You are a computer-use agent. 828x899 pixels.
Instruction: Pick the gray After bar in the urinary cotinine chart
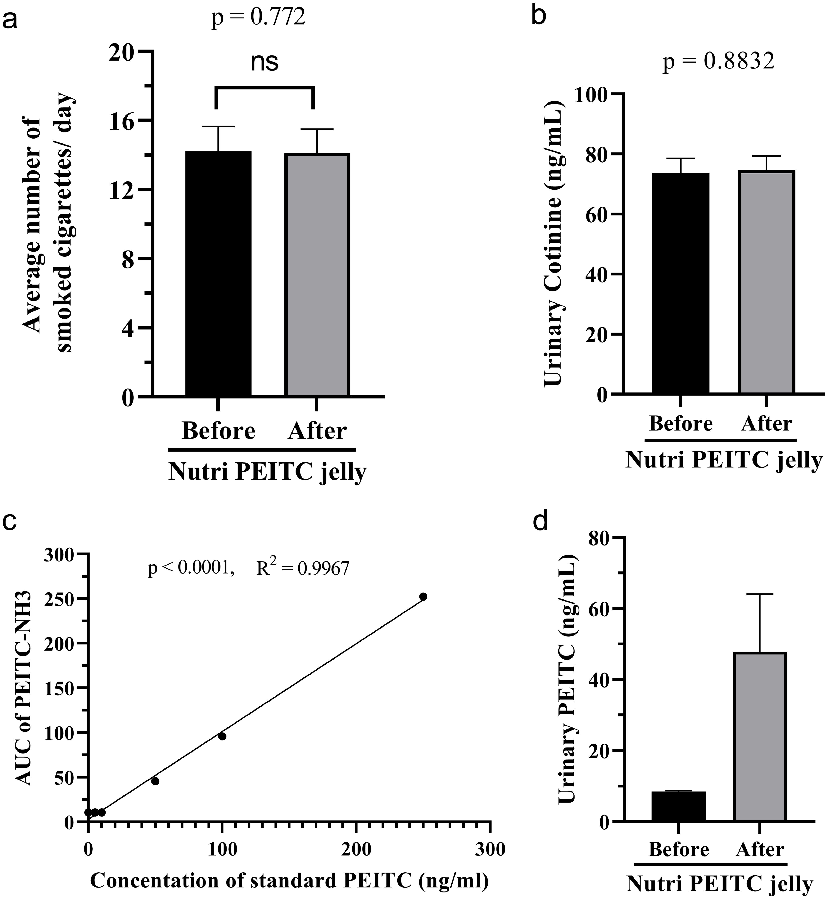pyautogui.click(x=766, y=282)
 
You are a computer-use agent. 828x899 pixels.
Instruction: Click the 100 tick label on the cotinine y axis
pyautogui.click(x=592, y=94)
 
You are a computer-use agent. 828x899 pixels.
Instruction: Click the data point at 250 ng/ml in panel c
pyautogui.click(x=423, y=597)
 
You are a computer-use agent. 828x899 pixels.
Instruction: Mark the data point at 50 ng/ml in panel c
pyautogui.click(x=155, y=781)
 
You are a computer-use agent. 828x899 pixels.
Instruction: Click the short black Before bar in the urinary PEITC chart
pyautogui.click(x=678, y=806)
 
